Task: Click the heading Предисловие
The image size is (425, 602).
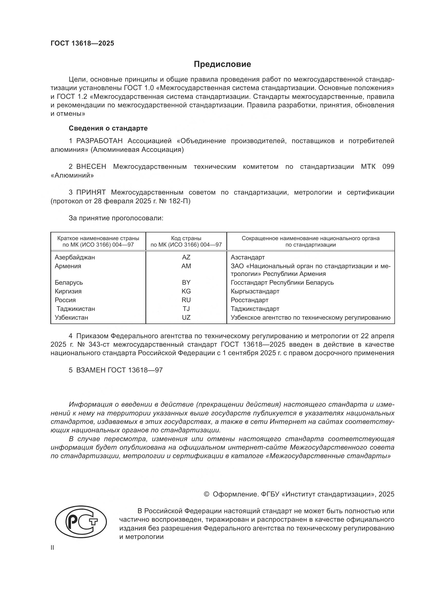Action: (222, 64)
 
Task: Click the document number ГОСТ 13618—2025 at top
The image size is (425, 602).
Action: (82, 43)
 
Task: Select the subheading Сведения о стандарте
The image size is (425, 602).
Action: (108, 128)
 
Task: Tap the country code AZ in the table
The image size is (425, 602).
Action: (186, 257)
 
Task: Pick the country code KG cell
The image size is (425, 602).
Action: (186, 291)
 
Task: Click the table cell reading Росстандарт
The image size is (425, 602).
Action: (250, 300)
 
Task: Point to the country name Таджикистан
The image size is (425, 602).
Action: (76, 309)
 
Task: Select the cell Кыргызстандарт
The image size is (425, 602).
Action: (255, 291)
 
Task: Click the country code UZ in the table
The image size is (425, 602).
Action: (186, 318)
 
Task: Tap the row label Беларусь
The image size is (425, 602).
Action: (69, 282)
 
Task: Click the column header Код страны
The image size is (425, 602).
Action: (186, 238)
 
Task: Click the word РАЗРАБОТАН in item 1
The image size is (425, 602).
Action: (99, 141)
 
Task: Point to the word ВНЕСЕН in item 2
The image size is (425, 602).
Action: (91, 167)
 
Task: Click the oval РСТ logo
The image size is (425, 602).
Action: (81, 524)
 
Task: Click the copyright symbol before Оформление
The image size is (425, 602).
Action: (207, 494)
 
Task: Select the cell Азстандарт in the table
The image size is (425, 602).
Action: (247, 257)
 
